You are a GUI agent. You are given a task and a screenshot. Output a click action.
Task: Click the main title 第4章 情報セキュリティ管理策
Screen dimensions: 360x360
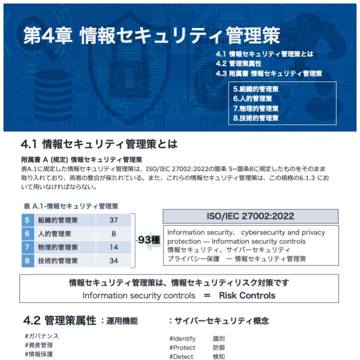[151, 35]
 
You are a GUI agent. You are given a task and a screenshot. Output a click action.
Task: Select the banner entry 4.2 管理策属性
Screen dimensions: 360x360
[238, 63]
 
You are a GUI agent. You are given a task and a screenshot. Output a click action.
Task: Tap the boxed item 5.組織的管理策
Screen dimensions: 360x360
[255, 89]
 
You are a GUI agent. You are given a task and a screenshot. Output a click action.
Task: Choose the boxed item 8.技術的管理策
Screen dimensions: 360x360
[255, 118]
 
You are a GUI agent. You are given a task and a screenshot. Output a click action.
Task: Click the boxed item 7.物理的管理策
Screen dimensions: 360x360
[255, 108]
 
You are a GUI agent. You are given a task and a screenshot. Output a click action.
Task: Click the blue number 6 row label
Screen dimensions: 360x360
[27, 233]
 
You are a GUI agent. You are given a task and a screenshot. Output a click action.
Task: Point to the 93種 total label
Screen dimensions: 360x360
[148, 240]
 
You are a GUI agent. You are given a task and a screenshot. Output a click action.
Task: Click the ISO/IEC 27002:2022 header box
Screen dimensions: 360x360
[250, 216]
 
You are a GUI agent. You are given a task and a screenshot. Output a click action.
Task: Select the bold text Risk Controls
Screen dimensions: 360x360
[247, 295]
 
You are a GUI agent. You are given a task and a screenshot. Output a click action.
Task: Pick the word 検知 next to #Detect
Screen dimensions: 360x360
[219, 356]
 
